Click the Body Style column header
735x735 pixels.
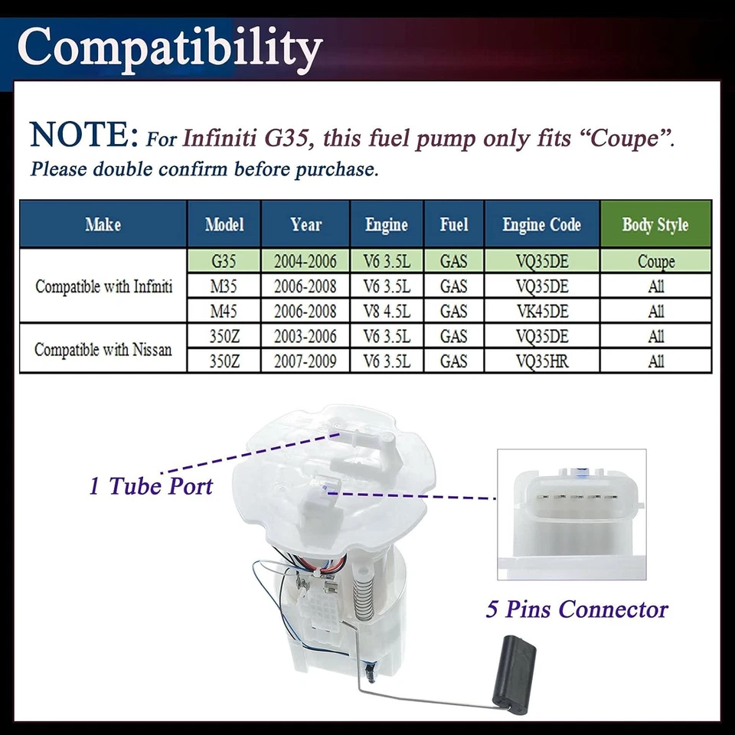tap(655, 224)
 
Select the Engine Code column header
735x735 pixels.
tap(542, 224)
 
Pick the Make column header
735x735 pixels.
tap(103, 224)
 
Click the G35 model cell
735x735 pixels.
tap(224, 261)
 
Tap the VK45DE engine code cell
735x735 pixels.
tap(542, 312)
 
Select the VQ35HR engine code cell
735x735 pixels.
tap(542, 361)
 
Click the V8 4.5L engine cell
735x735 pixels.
tap(387, 312)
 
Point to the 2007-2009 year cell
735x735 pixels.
tap(305, 361)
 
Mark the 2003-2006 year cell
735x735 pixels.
tap(305, 336)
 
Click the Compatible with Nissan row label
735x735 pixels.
tap(103, 349)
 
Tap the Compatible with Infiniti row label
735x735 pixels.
tap(103, 286)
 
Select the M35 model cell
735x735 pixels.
tap(224, 286)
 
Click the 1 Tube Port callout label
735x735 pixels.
tap(151, 485)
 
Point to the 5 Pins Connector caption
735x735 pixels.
tap(577, 609)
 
